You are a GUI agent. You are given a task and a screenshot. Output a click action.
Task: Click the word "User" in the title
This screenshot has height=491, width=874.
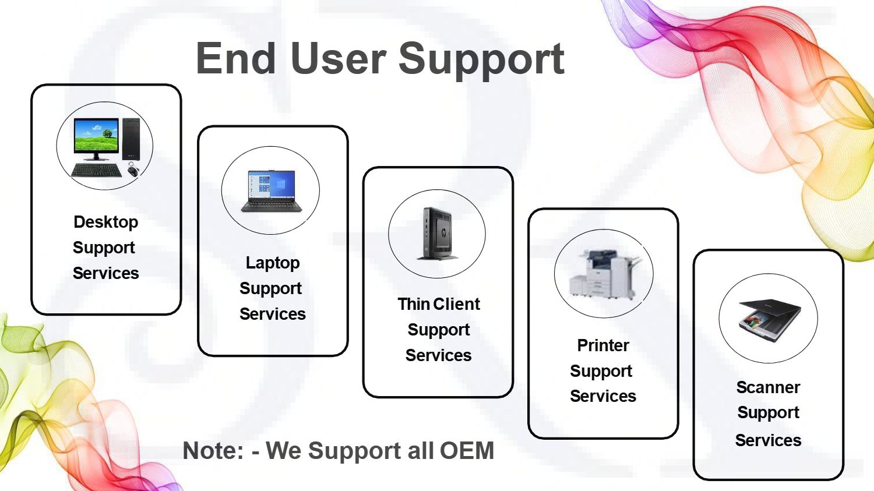pyautogui.click(x=339, y=58)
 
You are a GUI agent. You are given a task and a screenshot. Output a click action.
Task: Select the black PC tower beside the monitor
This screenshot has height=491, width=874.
pyautogui.click(x=131, y=139)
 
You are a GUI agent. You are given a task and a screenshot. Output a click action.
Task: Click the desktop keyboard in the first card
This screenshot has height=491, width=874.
pyautogui.click(x=96, y=170)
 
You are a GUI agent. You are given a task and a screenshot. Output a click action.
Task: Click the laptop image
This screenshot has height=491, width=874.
pyautogui.click(x=271, y=191)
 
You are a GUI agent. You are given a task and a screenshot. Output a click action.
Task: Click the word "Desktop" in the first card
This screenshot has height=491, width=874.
pyautogui.click(x=105, y=222)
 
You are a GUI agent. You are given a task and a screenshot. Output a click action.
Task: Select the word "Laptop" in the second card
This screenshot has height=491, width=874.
pyautogui.click(x=273, y=263)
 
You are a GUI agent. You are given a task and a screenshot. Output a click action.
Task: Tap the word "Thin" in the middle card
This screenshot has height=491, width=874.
pyautogui.click(x=414, y=304)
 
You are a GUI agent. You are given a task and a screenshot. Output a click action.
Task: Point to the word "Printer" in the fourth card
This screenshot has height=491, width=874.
pyautogui.click(x=603, y=345)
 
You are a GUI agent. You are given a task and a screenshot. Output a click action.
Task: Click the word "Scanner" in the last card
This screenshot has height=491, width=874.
pyautogui.click(x=769, y=387)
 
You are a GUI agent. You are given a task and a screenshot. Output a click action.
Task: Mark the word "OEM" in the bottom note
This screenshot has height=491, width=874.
pyautogui.click(x=467, y=450)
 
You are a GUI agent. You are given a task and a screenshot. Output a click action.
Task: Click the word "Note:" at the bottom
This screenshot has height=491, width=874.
pyautogui.click(x=213, y=450)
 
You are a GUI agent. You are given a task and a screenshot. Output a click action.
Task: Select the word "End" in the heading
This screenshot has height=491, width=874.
pyautogui.click(x=236, y=58)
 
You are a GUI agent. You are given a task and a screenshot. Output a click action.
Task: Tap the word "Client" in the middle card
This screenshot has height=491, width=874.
pyautogui.click(x=456, y=304)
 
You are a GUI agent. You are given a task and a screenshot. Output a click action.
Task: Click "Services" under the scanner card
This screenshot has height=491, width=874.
pyautogui.click(x=769, y=440)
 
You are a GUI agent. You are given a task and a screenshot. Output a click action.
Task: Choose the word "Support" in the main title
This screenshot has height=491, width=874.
pyautogui.click(x=481, y=61)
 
